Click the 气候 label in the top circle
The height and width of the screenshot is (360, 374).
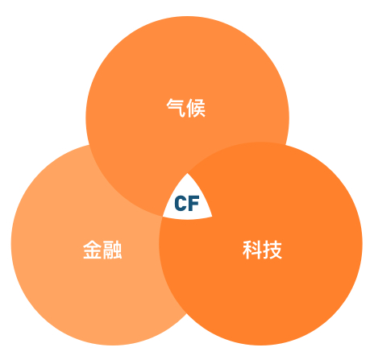coord(186,108)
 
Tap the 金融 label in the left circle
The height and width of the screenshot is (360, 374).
coord(102,250)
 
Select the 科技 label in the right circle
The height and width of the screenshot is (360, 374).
coord(262,250)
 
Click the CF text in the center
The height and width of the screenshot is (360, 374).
coord(187,203)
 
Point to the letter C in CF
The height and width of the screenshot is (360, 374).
coord(181,203)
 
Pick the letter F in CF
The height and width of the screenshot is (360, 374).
coord(194,203)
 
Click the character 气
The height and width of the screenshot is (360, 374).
coord(176,108)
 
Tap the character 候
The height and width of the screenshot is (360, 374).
coord(196,108)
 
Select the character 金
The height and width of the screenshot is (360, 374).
coord(93,250)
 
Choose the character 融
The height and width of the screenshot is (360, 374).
coord(112,250)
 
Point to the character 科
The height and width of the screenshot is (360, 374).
coord(252,250)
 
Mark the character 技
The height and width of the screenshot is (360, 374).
coord(272,250)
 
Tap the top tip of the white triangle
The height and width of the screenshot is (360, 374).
coord(187,173)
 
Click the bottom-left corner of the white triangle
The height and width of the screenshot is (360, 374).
coord(163,216)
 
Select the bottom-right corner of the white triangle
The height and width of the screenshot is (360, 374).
coord(212,216)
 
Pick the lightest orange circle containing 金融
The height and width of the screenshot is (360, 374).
coord(81,268)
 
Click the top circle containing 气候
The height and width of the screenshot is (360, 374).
coord(187,81)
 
